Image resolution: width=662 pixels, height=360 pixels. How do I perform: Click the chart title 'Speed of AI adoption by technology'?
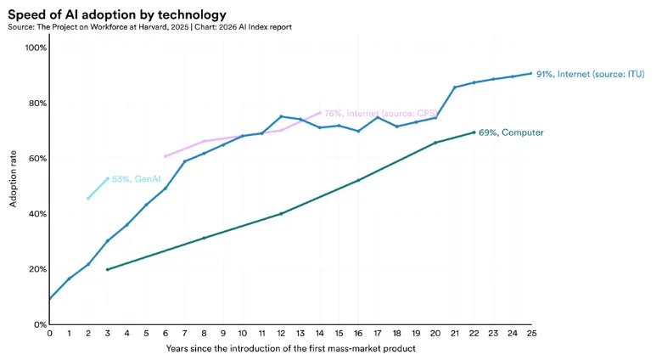[x=117, y=14]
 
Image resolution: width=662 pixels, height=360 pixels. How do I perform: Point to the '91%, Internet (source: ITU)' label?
[x=590, y=75]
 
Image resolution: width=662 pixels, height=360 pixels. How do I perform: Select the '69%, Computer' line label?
[x=511, y=132]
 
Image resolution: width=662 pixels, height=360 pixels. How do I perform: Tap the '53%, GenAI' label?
[x=137, y=179]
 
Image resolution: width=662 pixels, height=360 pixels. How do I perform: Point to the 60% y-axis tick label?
[x=36, y=159]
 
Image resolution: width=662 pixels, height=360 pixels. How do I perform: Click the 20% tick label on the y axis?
[x=36, y=269]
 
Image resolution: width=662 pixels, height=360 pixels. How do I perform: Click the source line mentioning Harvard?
[x=150, y=27]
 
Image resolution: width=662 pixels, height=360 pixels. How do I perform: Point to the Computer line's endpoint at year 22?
[x=474, y=132]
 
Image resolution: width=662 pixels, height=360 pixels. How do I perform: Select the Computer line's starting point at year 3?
[x=107, y=269]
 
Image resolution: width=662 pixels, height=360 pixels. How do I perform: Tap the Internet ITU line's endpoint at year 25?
[x=531, y=73]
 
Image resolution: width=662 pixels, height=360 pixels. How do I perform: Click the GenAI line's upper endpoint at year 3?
[x=107, y=178]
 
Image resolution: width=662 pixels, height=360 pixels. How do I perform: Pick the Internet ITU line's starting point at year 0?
[x=49, y=299]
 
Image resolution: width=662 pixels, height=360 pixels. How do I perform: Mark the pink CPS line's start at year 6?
[x=165, y=156]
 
